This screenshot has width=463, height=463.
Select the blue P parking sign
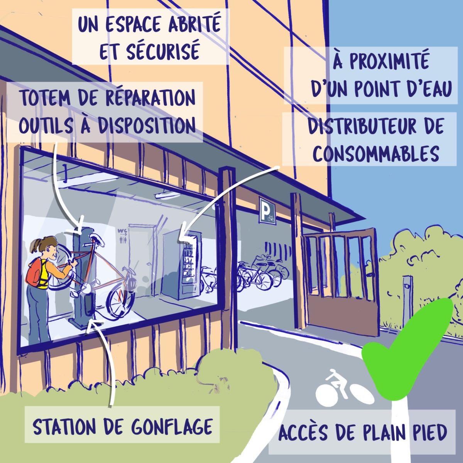(x=267, y=211)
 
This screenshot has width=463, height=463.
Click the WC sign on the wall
(x=122, y=234)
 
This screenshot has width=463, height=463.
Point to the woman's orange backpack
(x=34, y=272)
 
